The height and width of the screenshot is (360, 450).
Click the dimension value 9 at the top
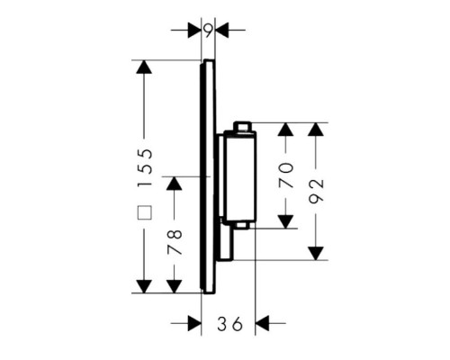[209, 31]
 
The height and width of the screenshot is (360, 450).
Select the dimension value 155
[145, 168]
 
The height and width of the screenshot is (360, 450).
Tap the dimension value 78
[175, 242]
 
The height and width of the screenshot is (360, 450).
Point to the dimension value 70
[285, 175]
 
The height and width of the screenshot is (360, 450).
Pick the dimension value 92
[316, 192]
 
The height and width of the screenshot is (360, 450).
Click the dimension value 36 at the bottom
[229, 324]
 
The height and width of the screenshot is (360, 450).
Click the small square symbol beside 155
[145, 212]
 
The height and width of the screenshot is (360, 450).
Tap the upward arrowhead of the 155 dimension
[144, 67]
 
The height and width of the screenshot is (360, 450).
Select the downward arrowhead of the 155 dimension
[144, 286]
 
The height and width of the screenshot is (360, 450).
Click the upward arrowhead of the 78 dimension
[175, 184]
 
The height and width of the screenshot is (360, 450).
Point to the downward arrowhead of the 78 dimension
[175, 286]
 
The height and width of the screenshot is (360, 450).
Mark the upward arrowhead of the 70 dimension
[285, 130]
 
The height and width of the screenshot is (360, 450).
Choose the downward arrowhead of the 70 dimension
[285, 221]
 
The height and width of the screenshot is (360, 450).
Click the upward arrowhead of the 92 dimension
[316, 130]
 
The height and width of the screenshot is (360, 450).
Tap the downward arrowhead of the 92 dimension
[316, 253]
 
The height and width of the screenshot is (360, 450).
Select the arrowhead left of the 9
[194, 30]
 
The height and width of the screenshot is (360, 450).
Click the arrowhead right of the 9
[222, 30]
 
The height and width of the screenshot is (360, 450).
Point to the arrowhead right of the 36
[262, 323]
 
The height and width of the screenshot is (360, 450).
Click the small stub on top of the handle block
[243, 126]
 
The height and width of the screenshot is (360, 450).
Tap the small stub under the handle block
[244, 226]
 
